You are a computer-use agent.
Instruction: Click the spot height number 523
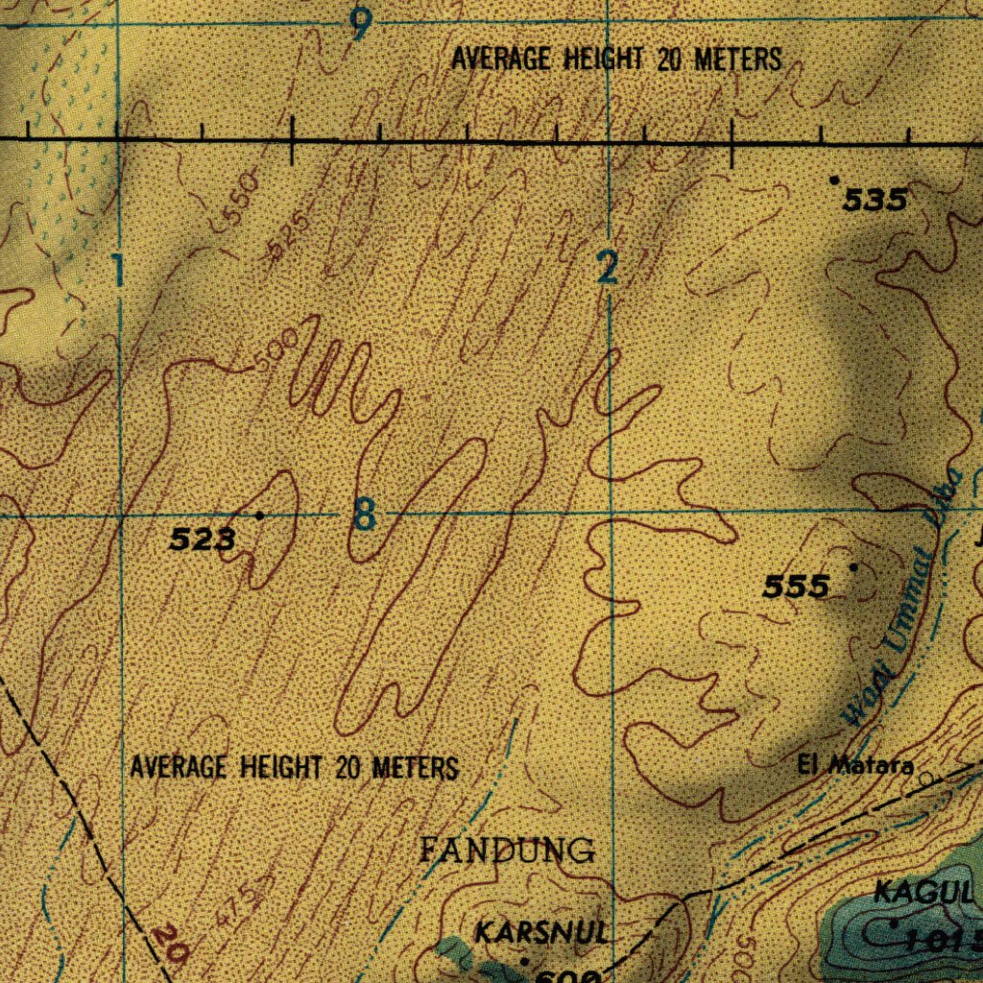point(203,540)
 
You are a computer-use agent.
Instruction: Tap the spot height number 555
point(796,586)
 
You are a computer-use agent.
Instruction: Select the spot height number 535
point(875,200)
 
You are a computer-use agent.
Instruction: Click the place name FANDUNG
point(508,850)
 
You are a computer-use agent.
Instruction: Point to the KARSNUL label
point(542,931)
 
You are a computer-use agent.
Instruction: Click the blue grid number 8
point(364,516)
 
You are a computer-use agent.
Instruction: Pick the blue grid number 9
point(360,25)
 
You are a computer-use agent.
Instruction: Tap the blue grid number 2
point(607,268)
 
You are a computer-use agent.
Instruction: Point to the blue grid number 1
point(117,272)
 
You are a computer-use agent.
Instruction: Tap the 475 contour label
point(241,899)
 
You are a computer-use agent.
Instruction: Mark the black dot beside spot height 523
point(259,515)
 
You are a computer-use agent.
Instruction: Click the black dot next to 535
point(834,180)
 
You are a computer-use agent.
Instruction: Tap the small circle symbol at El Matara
point(925,779)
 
